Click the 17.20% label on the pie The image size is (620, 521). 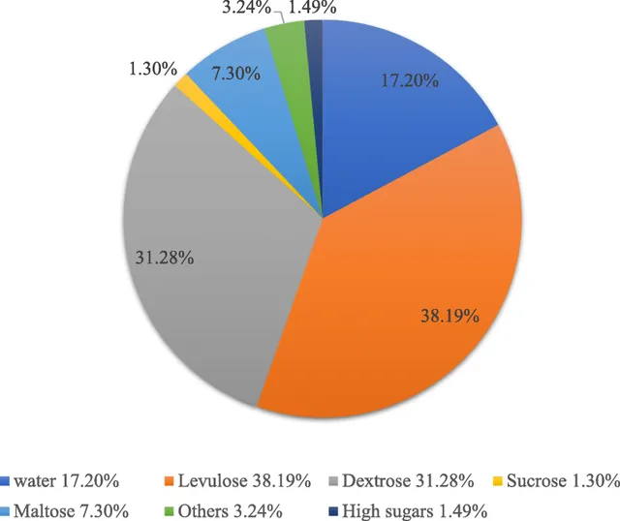409,80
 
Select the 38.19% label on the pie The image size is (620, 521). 449,316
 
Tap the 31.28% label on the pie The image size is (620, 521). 165,258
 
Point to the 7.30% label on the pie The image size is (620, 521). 236,74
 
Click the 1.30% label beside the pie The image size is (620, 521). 153,69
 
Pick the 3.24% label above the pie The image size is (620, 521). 247,7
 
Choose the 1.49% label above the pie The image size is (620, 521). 312,7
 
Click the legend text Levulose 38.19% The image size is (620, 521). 244,481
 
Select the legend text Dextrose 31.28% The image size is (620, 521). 408,481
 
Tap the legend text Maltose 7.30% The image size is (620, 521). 71,511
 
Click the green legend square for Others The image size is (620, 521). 169,511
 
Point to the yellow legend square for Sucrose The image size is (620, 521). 497,481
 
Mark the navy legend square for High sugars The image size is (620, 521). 333,511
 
